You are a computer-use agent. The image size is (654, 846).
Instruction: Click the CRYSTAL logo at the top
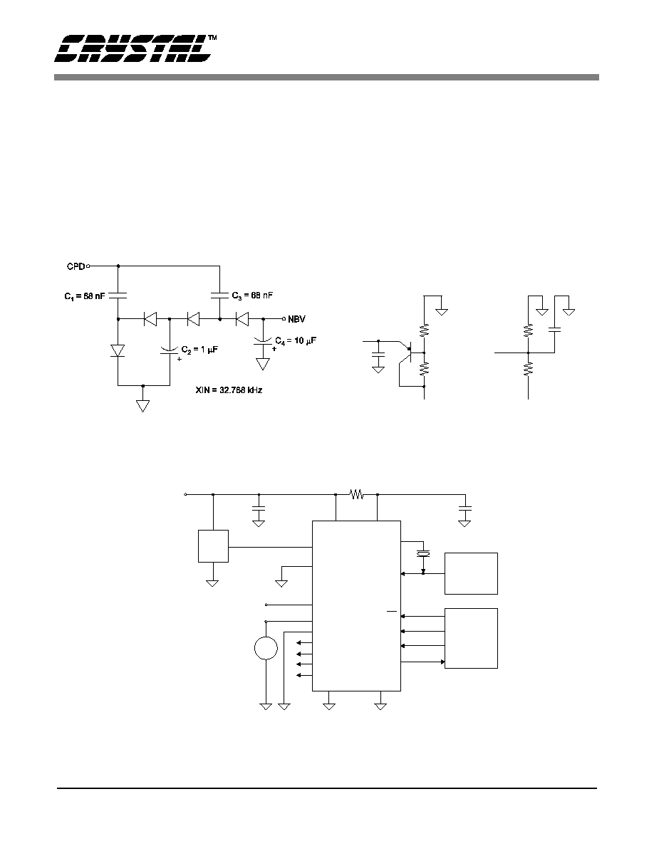[x=133, y=48]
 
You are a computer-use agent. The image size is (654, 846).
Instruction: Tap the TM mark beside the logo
[x=213, y=38]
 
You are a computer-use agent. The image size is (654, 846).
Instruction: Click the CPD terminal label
[x=76, y=266]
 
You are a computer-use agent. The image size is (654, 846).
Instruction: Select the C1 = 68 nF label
[x=85, y=296]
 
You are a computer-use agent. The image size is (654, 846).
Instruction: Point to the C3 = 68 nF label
[x=252, y=296]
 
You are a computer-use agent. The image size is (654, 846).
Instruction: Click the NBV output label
[x=296, y=320]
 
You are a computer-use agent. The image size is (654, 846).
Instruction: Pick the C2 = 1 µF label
[x=199, y=350]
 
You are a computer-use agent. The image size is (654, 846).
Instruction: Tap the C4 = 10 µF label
[x=295, y=341]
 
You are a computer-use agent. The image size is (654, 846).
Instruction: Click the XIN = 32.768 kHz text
[x=229, y=390]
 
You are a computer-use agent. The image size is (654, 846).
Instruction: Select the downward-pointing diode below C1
[x=118, y=350]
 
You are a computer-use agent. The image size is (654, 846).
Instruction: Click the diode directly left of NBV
[x=242, y=320]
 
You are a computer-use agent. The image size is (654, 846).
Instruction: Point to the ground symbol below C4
[x=263, y=364]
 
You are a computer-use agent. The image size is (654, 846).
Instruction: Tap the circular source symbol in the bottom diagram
[x=266, y=648]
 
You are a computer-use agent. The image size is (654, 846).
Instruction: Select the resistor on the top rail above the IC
[x=356, y=493]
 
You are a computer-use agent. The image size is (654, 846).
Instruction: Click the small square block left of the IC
[x=213, y=546]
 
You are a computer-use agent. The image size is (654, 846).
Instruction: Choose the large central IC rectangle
[x=357, y=605]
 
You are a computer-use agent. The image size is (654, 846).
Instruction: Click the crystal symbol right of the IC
[x=423, y=553]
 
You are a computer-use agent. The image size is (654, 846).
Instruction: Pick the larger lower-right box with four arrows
[x=471, y=638]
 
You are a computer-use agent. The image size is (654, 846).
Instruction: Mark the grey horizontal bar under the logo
[x=326, y=77]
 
